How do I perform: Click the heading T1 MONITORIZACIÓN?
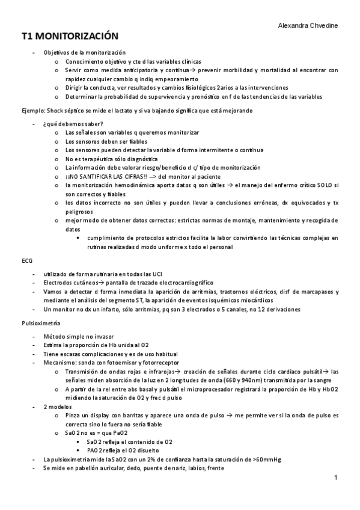coord(70,37)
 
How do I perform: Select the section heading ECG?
coord(26,261)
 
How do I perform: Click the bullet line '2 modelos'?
coord(56,407)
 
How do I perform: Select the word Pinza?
coord(73,416)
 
